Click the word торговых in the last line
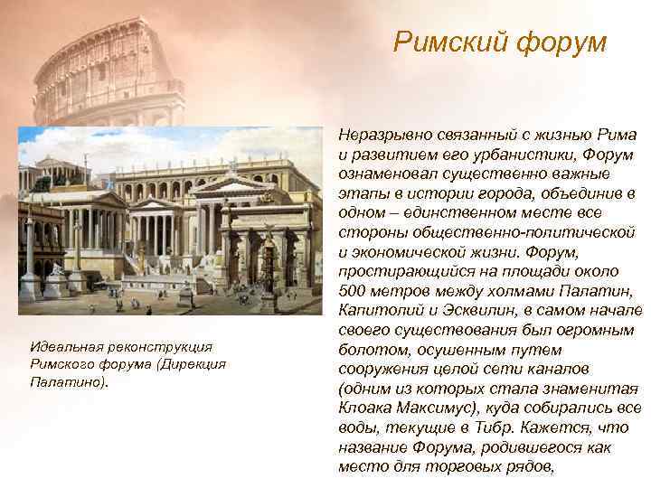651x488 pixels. pyautogui.click(x=480, y=467)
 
